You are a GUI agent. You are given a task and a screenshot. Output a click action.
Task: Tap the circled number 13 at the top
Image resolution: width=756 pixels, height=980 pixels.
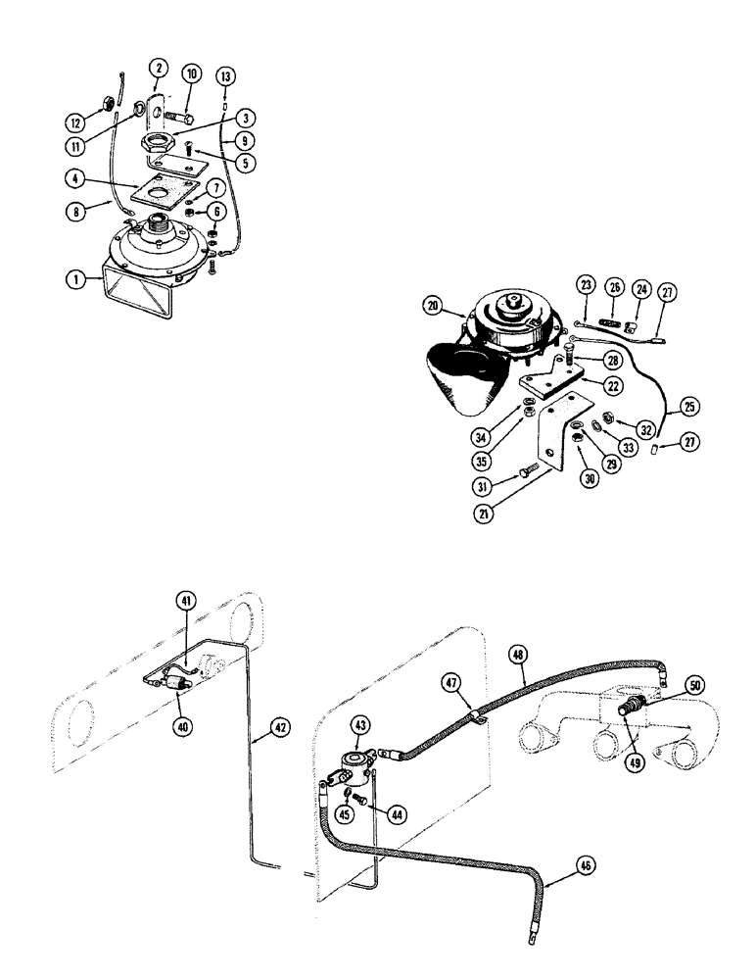point(226,76)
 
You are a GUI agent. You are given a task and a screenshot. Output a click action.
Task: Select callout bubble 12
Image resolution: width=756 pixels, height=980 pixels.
point(75,122)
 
